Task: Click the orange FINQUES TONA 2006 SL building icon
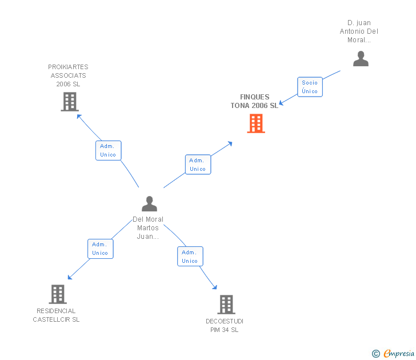click(x=255, y=123)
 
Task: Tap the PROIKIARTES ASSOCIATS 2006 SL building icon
click(x=69, y=101)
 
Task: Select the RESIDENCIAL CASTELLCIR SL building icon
click(x=57, y=294)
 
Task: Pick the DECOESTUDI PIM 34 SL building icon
click(x=226, y=304)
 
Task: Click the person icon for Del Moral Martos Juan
click(x=149, y=203)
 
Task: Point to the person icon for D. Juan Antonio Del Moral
click(x=361, y=58)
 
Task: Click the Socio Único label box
click(x=310, y=87)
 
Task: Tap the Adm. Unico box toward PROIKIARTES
click(x=108, y=150)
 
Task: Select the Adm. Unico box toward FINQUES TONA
click(x=198, y=165)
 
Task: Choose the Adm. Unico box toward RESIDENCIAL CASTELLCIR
click(x=100, y=249)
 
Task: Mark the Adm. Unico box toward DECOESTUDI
click(x=190, y=257)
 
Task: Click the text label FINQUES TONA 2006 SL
click(x=254, y=101)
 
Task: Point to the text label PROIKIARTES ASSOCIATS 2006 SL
click(x=68, y=75)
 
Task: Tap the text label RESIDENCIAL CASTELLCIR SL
click(x=56, y=315)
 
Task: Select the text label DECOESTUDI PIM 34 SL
click(x=225, y=326)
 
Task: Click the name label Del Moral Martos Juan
click(x=148, y=227)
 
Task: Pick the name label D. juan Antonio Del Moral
click(x=359, y=31)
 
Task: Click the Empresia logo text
click(x=398, y=353)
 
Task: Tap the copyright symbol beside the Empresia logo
click(x=376, y=354)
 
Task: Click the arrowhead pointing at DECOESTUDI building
click(x=215, y=287)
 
